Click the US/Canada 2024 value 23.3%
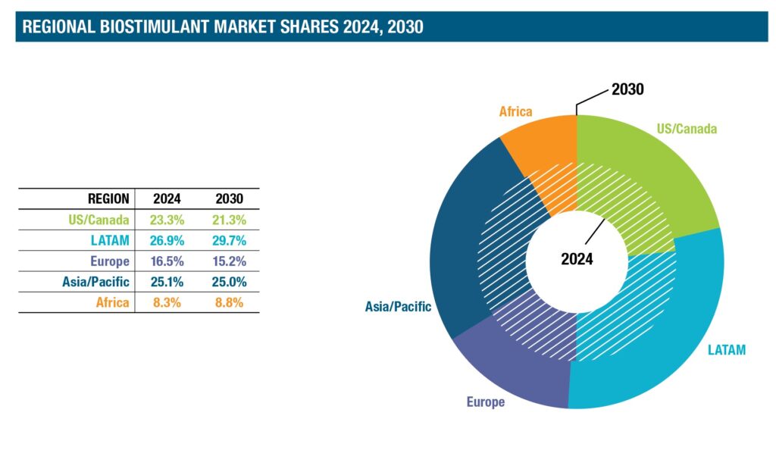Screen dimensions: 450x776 click(x=167, y=220)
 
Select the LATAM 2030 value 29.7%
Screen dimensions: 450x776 click(x=229, y=240)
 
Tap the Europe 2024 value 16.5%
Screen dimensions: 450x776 click(x=167, y=261)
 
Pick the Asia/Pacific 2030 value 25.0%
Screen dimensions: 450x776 click(x=229, y=282)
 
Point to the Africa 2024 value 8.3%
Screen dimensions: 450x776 click(x=167, y=302)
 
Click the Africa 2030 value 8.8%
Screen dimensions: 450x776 click(x=229, y=302)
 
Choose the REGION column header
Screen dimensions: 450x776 click(x=108, y=199)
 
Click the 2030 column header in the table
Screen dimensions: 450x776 click(x=229, y=199)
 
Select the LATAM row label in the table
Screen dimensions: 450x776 click(x=112, y=240)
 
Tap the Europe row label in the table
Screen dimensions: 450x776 click(x=111, y=261)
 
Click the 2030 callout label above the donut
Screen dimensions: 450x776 click(x=627, y=90)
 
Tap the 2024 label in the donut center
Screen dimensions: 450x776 click(x=577, y=259)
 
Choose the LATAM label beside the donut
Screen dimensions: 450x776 click(x=726, y=350)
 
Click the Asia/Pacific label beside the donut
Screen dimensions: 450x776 click(x=398, y=307)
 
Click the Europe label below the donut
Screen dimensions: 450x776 click(x=485, y=402)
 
